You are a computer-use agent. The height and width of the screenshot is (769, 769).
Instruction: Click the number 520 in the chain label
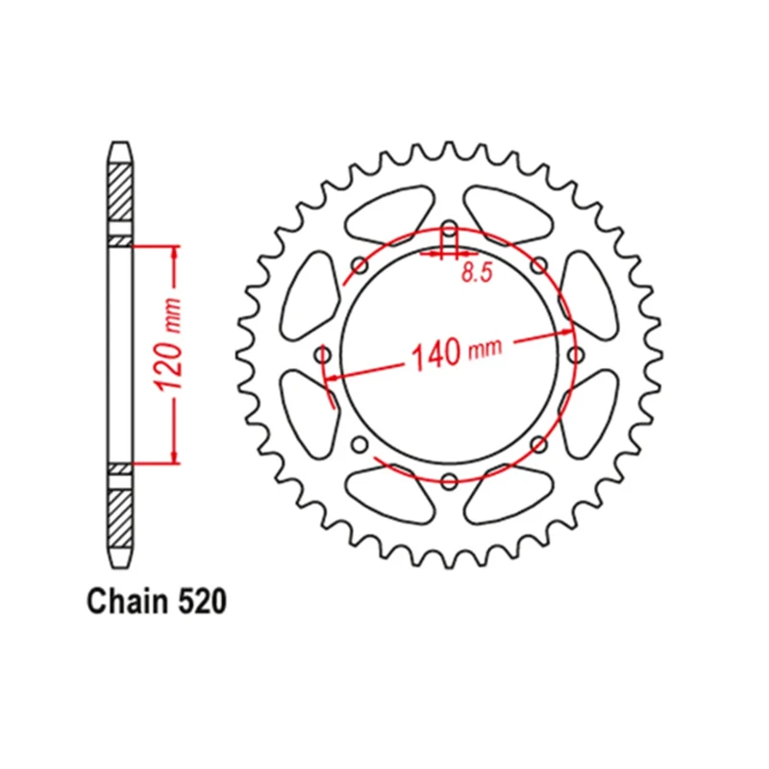(202, 602)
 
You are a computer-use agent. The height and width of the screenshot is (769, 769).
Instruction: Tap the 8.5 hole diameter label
(477, 273)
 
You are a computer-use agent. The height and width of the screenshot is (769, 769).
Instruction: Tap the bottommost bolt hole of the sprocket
(450, 481)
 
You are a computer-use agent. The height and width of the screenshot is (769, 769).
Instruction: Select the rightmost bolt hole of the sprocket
(576, 354)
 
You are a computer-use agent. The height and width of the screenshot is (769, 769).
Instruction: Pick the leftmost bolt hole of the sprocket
(323, 355)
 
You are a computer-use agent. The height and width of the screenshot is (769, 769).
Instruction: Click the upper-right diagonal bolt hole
(539, 265)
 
